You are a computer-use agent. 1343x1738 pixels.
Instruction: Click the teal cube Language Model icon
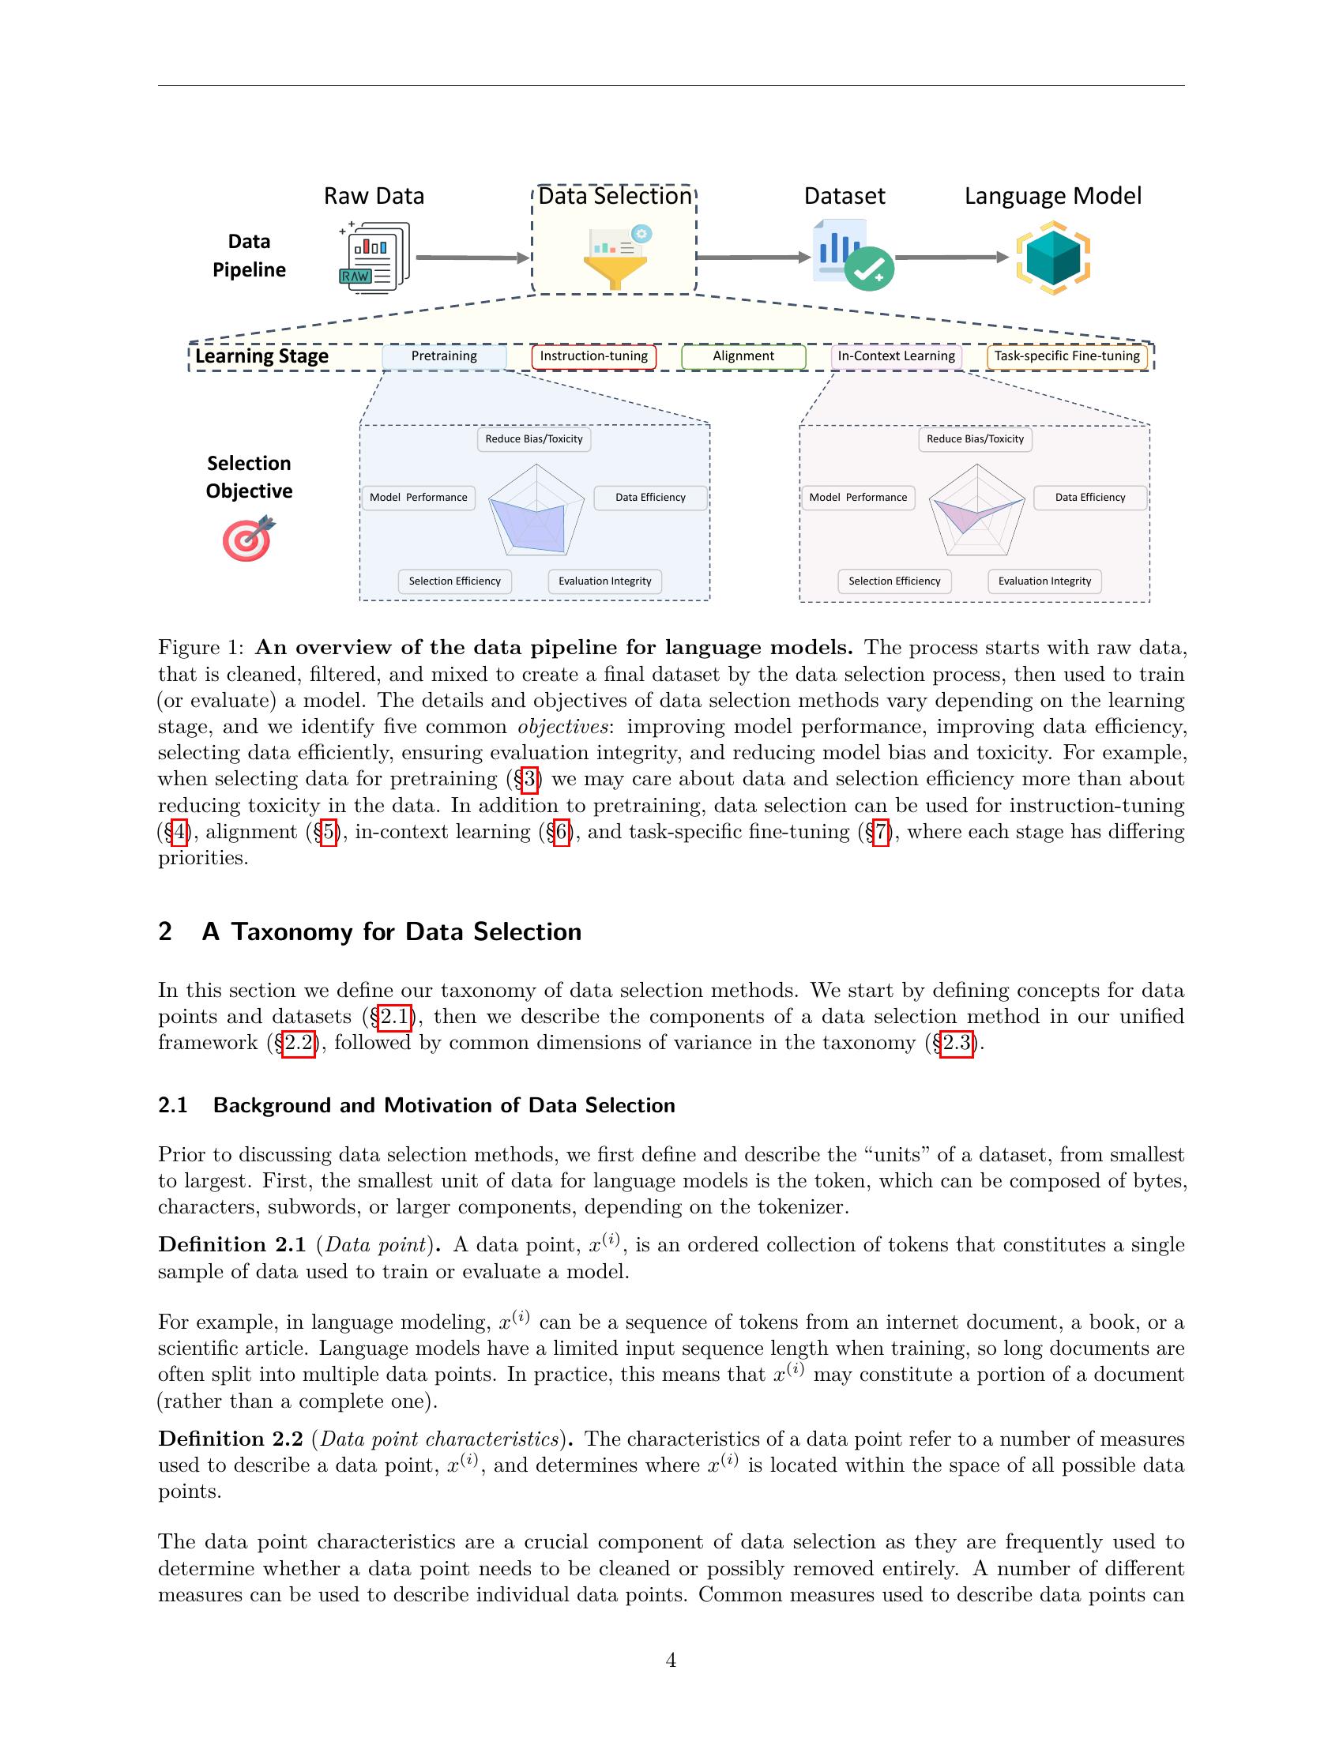[x=1052, y=259]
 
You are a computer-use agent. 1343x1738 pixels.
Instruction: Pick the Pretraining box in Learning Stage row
[x=444, y=356]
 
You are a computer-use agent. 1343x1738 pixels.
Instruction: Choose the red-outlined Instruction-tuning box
[x=593, y=356]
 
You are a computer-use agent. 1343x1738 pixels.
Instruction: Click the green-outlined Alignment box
[x=743, y=356]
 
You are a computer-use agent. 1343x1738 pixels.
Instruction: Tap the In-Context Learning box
[x=896, y=356]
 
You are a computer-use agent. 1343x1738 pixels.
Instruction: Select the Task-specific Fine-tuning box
[x=1067, y=356]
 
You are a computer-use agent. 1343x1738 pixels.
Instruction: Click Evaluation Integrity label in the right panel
[x=1044, y=581]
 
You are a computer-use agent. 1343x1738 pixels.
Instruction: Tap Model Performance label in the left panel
[x=419, y=498]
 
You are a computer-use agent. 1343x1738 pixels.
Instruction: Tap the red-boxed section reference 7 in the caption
[x=880, y=833]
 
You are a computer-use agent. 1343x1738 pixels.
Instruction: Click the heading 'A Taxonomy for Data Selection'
[x=391, y=932]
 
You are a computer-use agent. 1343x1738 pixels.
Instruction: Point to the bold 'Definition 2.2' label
[x=231, y=1439]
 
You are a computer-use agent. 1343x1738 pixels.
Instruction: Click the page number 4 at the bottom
[x=671, y=1660]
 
